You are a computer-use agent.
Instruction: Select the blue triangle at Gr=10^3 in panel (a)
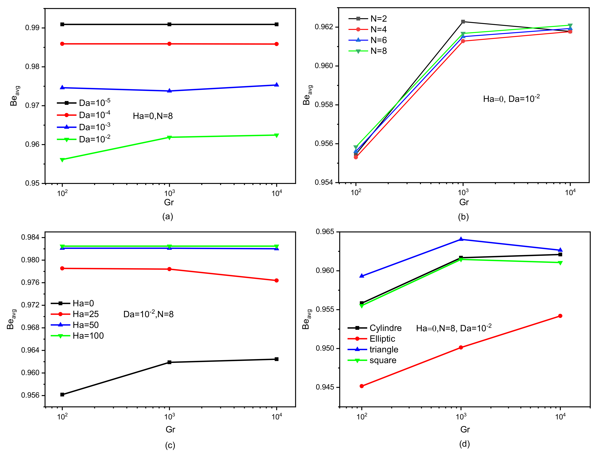tap(170, 91)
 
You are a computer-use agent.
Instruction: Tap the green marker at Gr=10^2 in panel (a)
tap(62, 160)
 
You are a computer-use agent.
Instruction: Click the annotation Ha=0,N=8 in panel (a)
tap(153, 116)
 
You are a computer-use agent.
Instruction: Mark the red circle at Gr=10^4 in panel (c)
tap(277, 280)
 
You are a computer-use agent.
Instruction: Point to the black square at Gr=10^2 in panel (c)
tap(62, 395)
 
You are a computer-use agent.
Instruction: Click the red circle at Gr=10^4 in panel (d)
tap(560, 316)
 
